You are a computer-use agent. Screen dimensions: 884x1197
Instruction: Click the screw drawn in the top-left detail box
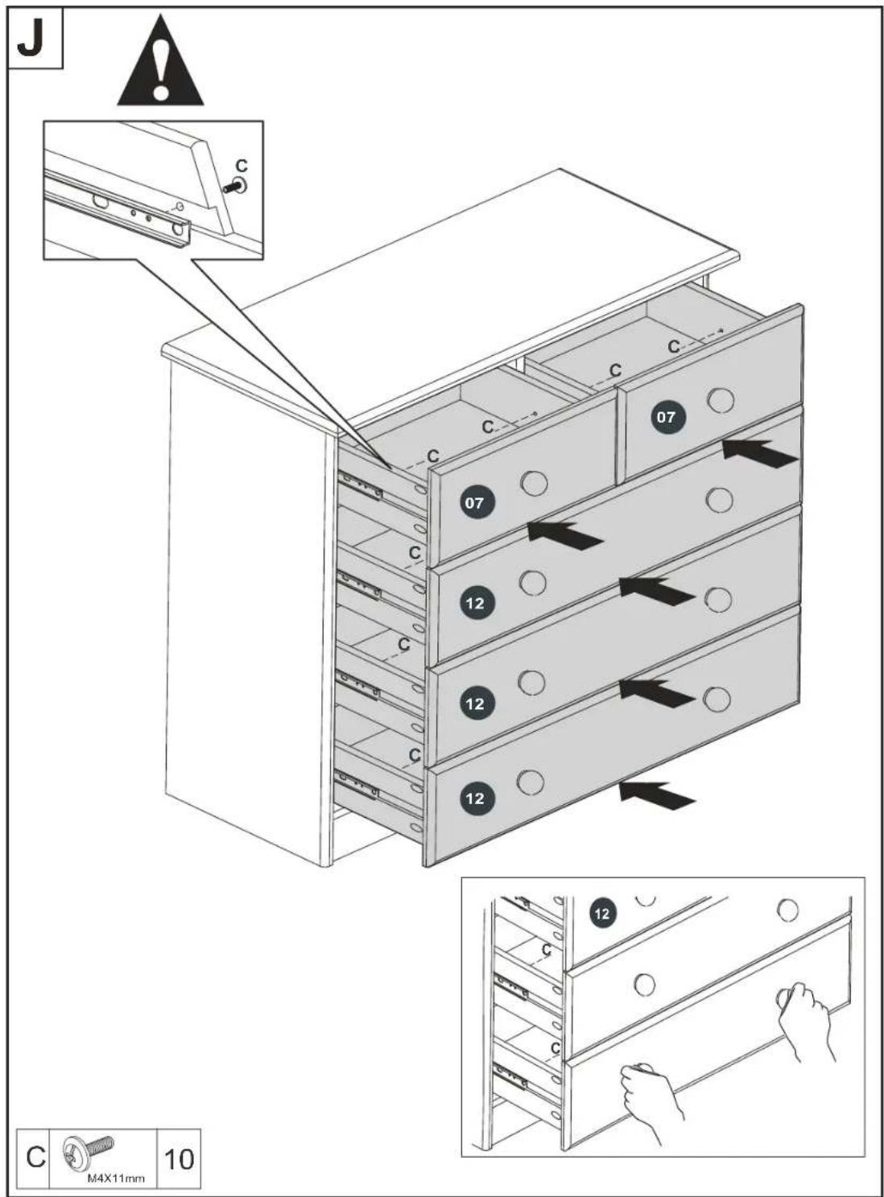point(235,186)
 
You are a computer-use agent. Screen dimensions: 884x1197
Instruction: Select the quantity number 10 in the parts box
point(179,1155)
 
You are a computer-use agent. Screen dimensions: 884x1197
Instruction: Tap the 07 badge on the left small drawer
point(474,504)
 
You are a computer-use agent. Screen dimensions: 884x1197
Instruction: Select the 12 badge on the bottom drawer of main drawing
point(475,799)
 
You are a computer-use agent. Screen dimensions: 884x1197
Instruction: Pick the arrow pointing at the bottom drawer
point(657,796)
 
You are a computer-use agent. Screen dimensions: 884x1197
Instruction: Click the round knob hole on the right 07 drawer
point(721,400)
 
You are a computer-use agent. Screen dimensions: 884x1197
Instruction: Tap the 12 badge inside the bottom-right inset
point(602,912)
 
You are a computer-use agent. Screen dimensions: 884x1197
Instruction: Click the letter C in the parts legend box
point(35,1155)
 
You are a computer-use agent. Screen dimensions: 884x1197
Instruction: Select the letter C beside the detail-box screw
point(242,164)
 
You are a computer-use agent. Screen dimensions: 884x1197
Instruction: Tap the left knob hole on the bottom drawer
point(531,782)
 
